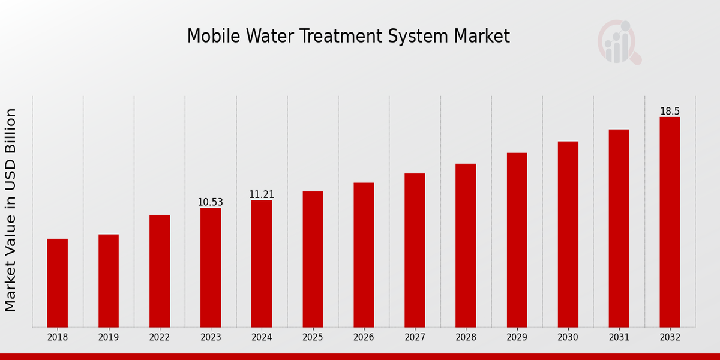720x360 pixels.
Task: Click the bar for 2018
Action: [x=58, y=283]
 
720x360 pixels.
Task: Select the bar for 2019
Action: [x=109, y=280]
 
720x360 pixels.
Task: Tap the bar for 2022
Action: [x=160, y=271]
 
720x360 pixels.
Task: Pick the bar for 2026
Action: [x=364, y=254]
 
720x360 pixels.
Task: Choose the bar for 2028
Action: [x=466, y=245]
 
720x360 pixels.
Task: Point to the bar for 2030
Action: [x=568, y=234]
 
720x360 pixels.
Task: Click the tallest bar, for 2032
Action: [x=670, y=222]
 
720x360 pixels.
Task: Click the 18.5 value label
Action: [x=670, y=112]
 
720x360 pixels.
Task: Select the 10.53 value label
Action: [x=210, y=202]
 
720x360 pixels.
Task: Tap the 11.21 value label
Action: [x=262, y=194]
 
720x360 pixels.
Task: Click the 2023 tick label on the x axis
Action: [x=211, y=337]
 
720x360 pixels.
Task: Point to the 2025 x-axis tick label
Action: [x=313, y=337]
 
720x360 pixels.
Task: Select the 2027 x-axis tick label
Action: [x=415, y=337]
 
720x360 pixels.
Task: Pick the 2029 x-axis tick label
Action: [x=517, y=337]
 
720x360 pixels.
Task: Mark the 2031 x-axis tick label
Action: [x=619, y=337]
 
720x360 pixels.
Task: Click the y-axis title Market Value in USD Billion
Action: [x=11, y=210]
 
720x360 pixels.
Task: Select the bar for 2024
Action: [x=262, y=263]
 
